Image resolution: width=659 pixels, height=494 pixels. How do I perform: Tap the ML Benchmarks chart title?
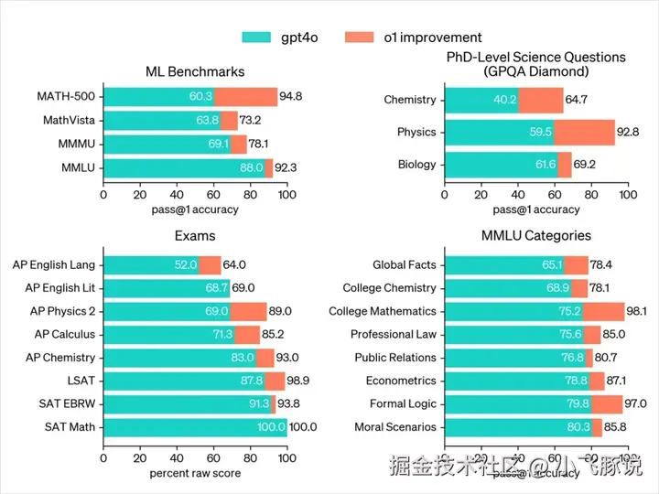click(x=195, y=72)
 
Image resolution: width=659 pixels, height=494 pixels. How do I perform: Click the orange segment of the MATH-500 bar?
click(x=245, y=96)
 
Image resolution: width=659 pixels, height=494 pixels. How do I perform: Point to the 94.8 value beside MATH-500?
click(x=292, y=96)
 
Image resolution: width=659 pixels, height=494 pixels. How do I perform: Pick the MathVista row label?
click(x=70, y=120)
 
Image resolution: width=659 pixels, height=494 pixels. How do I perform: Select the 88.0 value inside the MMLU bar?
click(x=252, y=167)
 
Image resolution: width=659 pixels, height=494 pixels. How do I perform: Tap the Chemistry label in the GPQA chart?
click(x=410, y=100)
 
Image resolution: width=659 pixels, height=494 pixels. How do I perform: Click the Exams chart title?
click(x=195, y=236)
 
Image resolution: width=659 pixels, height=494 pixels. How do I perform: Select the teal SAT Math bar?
click(x=195, y=426)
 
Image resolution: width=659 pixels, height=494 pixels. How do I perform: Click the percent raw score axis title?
click(x=195, y=474)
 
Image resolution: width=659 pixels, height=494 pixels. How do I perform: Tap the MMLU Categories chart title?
click(x=536, y=236)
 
